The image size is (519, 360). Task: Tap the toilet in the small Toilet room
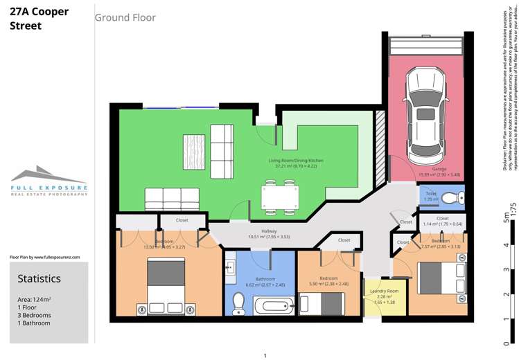[451, 199]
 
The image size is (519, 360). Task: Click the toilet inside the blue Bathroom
[238, 303]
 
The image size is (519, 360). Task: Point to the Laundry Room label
[384, 291]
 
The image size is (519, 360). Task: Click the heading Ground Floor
[125, 17]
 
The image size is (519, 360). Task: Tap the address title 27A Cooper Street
[39, 19]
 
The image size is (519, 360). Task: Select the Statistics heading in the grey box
[39, 278]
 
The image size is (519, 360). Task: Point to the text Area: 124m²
[35, 299]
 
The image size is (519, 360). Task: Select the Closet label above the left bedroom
[182, 220]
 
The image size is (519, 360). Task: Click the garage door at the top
[425, 46]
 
